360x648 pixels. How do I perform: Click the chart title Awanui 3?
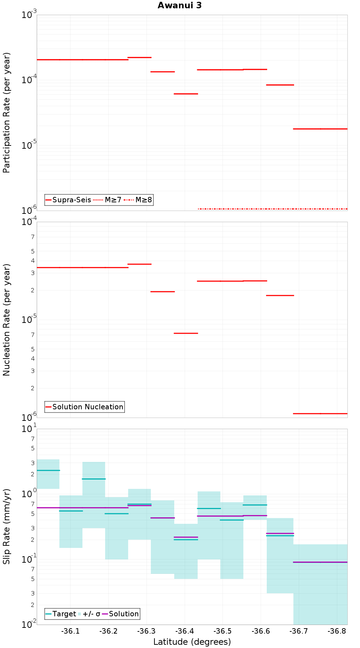[180, 5]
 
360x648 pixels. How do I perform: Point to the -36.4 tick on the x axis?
[184, 631]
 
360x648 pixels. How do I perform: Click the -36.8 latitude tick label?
[337, 631]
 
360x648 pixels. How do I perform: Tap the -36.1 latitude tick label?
[70, 631]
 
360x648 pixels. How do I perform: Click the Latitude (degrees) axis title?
[192, 642]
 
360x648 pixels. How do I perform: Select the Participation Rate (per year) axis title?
[6, 113]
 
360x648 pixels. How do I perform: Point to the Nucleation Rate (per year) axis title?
[6, 320]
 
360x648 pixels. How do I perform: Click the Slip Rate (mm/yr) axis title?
[6, 526]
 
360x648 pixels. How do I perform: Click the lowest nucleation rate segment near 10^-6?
[320, 414]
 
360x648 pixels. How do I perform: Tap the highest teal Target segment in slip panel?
[48, 470]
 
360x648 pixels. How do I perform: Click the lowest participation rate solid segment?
[320, 129]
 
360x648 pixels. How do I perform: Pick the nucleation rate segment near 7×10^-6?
[186, 333]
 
